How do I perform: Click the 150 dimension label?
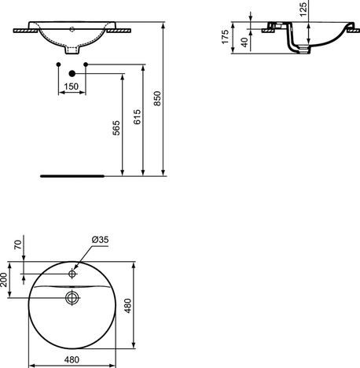[71, 86]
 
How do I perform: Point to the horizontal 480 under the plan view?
[72, 360]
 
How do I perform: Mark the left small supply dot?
[59, 63]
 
